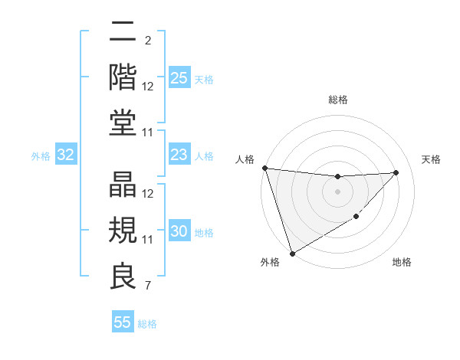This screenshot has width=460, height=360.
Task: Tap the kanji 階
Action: pyautogui.click(x=123, y=77)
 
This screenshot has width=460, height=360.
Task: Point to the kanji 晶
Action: pyautogui.click(x=123, y=185)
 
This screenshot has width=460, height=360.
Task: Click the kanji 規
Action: pyautogui.click(x=123, y=231)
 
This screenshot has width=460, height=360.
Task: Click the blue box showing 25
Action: pyautogui.click(x=179, y=78)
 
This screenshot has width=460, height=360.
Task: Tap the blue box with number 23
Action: pyautogui.click(x=179, y=155)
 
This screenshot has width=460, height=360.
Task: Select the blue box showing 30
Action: pyautogui.click(x=179, y=231)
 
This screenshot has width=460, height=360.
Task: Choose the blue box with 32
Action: pyautogui.click(x=66, y=155)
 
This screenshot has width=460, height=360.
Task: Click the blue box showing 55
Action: pyautogui.click(x=123, y=322)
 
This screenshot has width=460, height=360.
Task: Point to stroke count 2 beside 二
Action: pyautogui.click(x=147, y=40)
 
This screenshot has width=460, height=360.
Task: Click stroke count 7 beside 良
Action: pyautogui.click(x=147, y=286)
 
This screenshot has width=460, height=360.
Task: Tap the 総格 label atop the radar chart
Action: pyautogui.click(x=337, y=100)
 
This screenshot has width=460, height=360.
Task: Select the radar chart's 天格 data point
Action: pyautogui.click(x=396, y=172)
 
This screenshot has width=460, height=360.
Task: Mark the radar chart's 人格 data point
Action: pyautogui.click(x=264, y=168)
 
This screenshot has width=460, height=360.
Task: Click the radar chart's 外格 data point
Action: pyautogui.click(x=292, y=253)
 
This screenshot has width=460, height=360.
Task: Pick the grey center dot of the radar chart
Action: pyautogui.click(x=337, y=191)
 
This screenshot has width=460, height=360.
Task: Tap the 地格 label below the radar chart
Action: pyautogui.click(x=402, y=263)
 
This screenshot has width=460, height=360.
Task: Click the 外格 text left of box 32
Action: pyautogui.click(x=41, y=156)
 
